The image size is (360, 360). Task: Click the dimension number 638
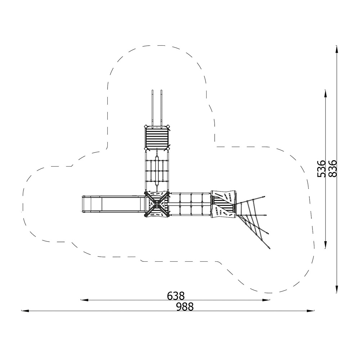176,296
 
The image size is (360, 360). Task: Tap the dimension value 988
185,307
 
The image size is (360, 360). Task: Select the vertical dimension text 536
321,169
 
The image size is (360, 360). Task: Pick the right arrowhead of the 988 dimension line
310,311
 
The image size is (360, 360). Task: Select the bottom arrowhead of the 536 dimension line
325,245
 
